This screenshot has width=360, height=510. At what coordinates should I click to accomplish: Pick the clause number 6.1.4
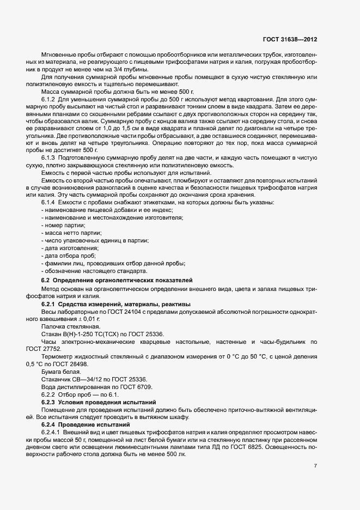(50, 202)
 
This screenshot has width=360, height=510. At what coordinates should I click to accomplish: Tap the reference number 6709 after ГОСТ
(146, 386)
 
